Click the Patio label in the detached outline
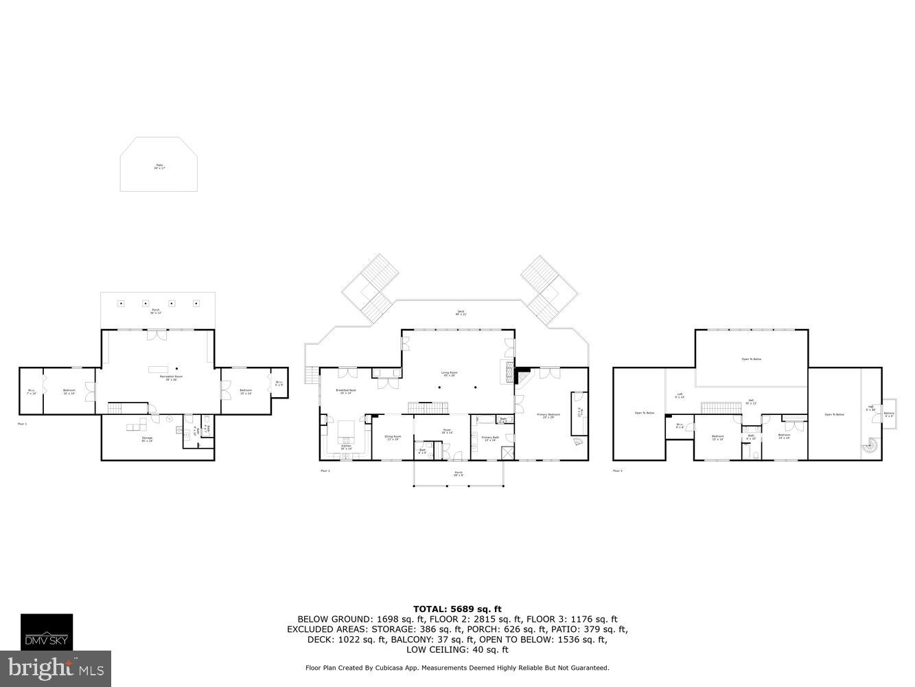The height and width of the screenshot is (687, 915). click(x=159, y=166)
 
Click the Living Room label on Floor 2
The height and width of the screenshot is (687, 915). click(x=449, y=374)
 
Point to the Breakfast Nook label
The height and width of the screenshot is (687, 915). click(x=346, y=390)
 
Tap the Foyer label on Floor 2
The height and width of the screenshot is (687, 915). click(x=446, y=432)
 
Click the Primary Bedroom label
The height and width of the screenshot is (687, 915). click(x=548, y=416)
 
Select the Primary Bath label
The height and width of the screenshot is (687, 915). click(x=490, y=438)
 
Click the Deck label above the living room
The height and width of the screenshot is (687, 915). click(x=461, y=313)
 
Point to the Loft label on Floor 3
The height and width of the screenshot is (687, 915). click(x=679, y=395)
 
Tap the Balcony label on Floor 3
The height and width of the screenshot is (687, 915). click(x=889, y=414)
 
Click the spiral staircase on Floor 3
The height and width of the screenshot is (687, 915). click(x=871, y=447)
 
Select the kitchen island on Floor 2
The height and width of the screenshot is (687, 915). click(x=345, y=430)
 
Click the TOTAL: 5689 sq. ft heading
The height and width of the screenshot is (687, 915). click(x=457, y=609)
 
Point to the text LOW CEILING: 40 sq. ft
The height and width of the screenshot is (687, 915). click(x=457, y=649)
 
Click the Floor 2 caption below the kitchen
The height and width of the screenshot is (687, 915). click(x=325, y=471)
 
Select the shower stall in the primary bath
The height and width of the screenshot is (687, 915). click(x=508, y=453)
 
